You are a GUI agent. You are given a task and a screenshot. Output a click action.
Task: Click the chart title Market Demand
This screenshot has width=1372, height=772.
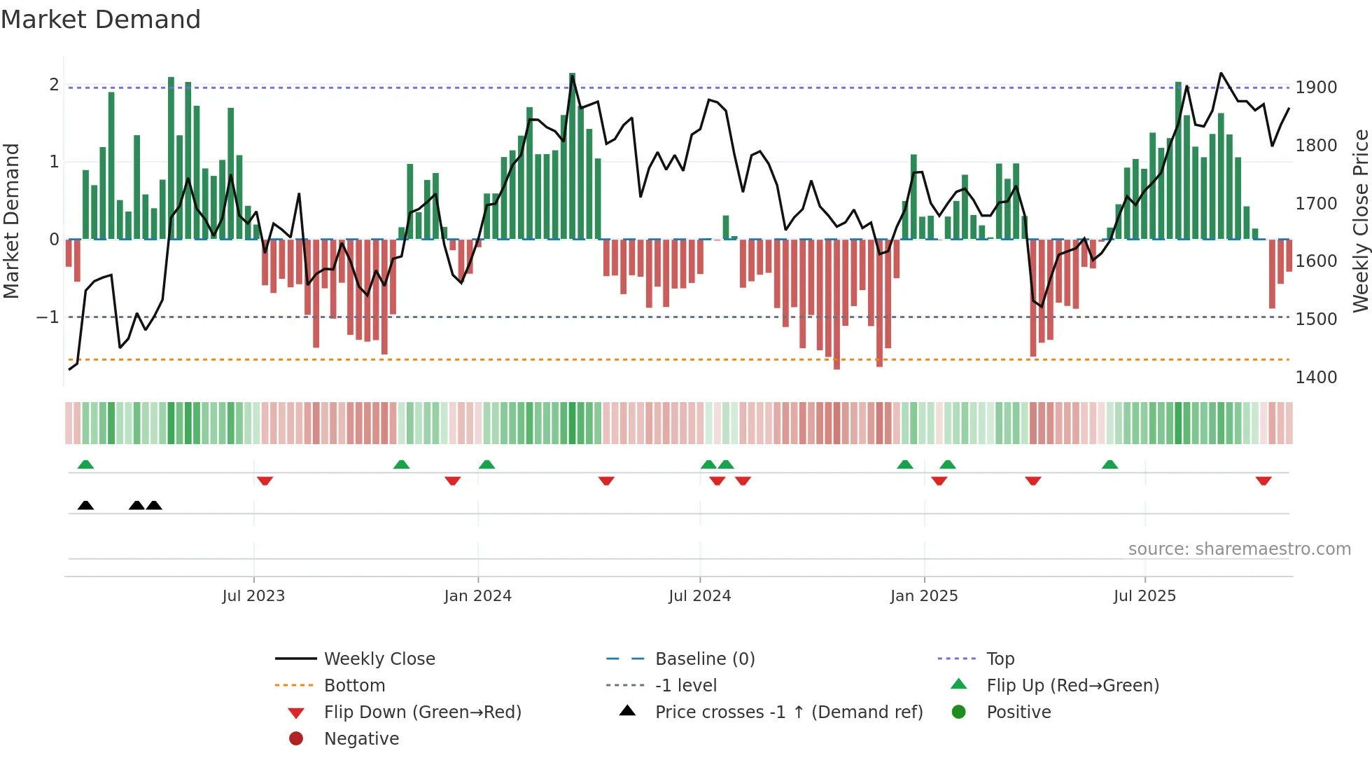click(x=101, y=20)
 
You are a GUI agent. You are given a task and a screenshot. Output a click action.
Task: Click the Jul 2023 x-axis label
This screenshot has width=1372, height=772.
click(x=253, y=596)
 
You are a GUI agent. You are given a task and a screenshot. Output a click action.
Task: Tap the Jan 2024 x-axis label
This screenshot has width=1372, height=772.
click(x=478, y=596)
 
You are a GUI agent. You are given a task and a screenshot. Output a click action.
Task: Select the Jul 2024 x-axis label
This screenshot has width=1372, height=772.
click(x=700, y=596)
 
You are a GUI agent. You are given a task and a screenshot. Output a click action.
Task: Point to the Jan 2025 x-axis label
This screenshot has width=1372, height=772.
click(x=924, y=596)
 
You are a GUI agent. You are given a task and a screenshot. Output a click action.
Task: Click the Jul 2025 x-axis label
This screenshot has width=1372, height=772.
click(x=1145, y=596)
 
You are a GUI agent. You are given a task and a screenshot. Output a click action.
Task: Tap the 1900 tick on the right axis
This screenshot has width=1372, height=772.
click(x=1316, y=88)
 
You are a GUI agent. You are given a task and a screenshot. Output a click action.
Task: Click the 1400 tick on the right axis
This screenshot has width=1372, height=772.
click(x=1316, y=378)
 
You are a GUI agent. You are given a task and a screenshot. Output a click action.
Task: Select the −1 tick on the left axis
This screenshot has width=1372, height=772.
click(x=48, y=317)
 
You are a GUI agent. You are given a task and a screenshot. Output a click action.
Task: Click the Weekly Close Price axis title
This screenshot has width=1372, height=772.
click(x=1360, y=221)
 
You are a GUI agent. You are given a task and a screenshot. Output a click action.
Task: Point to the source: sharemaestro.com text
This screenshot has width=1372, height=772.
click(x=1239, y=549)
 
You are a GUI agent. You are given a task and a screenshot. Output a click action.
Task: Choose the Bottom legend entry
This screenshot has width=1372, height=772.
click(x=354, y=686)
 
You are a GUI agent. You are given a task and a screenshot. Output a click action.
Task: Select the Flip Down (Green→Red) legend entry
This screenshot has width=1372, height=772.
click(x=422, y=712)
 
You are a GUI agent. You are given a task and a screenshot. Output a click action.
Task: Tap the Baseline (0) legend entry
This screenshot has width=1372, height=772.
click(x=704, y=659)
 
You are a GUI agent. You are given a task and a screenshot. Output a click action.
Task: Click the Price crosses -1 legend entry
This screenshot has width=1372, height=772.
click(x=788, y=712)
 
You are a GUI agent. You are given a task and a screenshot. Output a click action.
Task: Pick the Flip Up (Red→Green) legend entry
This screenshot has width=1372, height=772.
click(x=1072, y=686)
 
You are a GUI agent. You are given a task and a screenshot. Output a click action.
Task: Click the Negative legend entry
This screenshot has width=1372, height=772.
click(x=361, y=739)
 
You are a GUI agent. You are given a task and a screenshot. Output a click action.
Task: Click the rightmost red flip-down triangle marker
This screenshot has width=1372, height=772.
click(x=1263, y=481)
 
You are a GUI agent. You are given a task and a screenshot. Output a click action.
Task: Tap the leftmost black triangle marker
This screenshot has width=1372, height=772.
click(x=85, y=505)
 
